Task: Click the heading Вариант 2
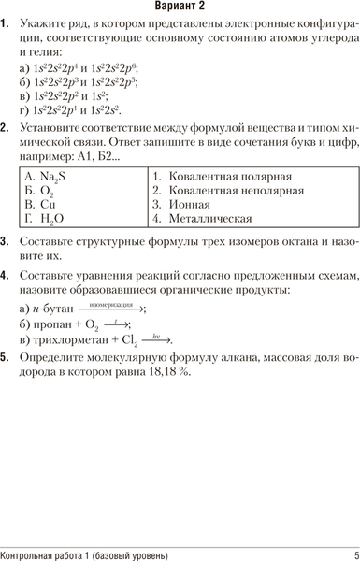(x=180, y=7)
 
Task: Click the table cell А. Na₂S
(x=45, y=175)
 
